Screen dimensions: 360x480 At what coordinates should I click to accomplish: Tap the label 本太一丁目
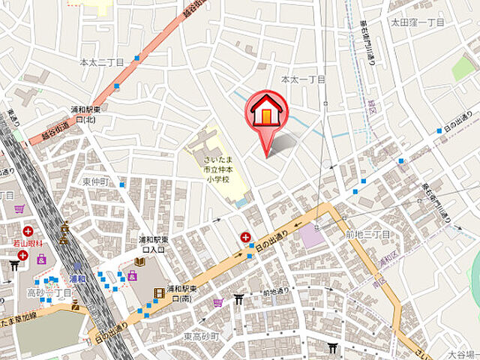(303, 79)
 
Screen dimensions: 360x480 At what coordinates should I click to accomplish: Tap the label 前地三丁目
(368, 235)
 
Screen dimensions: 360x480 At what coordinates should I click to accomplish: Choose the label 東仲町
(96, 182)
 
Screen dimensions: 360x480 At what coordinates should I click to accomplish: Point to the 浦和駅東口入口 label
(151, 244)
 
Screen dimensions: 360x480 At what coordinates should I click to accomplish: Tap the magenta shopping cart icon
(218, 303)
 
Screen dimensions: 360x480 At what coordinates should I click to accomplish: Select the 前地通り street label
(276, 292)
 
